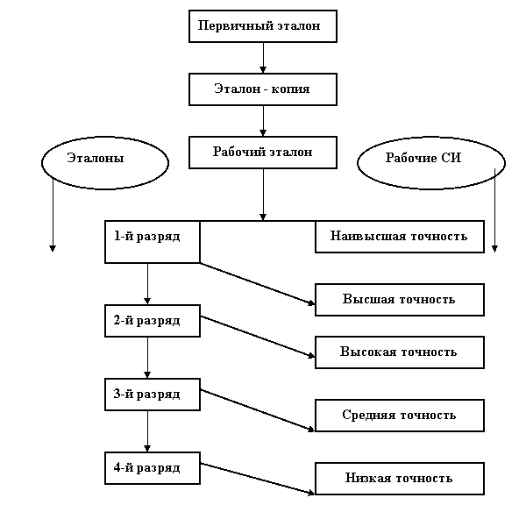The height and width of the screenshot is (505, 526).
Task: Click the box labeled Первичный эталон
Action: point(262,26)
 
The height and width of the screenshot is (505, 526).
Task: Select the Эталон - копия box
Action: point(262,89)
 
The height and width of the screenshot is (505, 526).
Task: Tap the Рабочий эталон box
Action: point(262,152)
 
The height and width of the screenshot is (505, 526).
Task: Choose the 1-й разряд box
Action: point(152,241)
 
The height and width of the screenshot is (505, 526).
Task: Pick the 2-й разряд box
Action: point(152,321)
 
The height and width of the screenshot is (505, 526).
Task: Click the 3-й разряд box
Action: point(152,395)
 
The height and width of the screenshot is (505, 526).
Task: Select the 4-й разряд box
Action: point(152,468)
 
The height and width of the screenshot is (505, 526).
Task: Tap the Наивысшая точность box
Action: point(399,237)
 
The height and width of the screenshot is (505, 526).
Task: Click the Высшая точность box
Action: point(399,300)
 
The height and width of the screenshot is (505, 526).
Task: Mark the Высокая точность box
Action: point(399,352)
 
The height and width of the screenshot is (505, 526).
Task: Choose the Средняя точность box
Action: point(399,416)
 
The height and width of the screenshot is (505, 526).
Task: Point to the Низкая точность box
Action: point(399,479)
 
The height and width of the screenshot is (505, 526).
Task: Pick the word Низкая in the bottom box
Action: point(366,479)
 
